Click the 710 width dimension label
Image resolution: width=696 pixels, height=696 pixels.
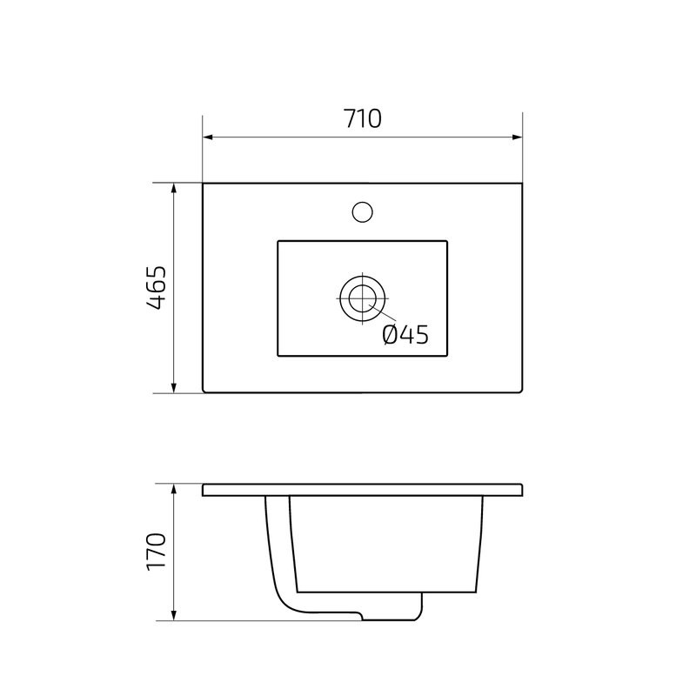(362, 119)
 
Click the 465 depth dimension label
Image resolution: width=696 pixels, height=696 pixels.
(157, 288)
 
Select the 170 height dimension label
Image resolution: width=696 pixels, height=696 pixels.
(157, 551)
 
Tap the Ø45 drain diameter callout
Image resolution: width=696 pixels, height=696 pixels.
(405, 334)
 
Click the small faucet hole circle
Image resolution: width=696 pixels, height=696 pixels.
(361, 211)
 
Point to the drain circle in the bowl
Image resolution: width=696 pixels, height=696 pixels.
(360, 298)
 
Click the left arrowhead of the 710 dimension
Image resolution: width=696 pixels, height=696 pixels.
(209, 137)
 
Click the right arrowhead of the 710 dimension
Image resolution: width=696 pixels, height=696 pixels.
(516, 137)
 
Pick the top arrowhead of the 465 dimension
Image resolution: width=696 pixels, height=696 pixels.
(175, 189)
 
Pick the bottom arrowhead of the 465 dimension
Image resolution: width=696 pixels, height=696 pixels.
(175, 387)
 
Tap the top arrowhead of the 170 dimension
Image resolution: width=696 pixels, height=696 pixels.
(175, 489)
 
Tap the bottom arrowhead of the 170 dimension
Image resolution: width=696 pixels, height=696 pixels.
(175, 616)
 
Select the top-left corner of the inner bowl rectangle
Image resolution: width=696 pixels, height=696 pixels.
(278, 241)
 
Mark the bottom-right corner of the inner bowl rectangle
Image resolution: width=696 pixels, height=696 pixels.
(447, 355)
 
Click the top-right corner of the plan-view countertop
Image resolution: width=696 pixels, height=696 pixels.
(522, 184)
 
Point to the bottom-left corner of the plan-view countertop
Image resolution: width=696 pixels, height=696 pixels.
(204, 391)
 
